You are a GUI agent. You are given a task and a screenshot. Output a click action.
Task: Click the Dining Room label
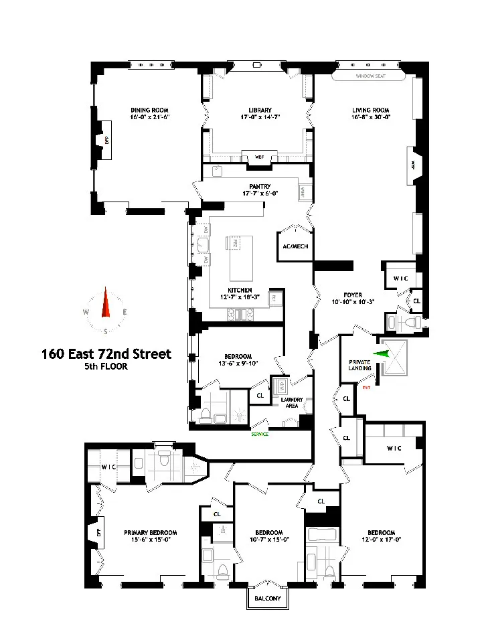click(x=149, y=110)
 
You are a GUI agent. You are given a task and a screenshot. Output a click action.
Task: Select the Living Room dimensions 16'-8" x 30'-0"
click(x=371, y=118)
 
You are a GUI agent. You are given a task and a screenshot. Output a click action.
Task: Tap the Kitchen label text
click(x=239, y=290)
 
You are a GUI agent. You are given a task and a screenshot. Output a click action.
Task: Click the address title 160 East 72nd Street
click(x=106, y=353)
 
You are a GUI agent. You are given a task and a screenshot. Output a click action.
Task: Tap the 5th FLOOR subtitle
click(x=106, y=367)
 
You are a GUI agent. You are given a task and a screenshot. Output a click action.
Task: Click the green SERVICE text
click(x=260, y=434)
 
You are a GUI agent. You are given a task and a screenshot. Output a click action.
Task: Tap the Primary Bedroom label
click(x=150, y=533)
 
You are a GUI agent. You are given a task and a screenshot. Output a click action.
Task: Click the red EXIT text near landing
click(x=366, y=387)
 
